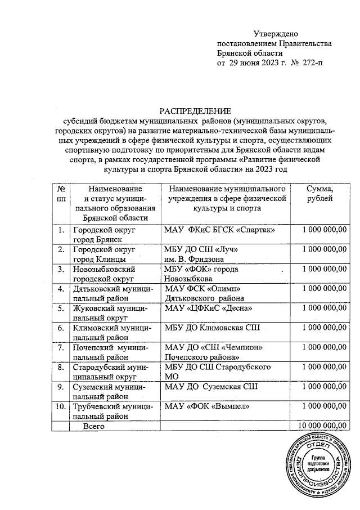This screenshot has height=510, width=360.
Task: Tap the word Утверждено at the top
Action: (x=275, y=34)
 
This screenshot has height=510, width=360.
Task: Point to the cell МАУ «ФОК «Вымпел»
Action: (x=206, y=405)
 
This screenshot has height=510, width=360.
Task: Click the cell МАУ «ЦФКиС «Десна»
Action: (x=208, y=308)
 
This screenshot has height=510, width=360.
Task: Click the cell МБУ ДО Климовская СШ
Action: (x=211, y=328)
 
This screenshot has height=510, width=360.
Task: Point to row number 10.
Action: (x=59, y=406)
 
